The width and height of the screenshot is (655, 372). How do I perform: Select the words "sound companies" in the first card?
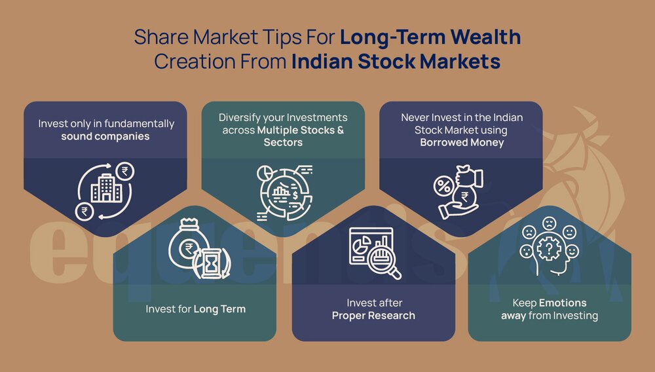pyautogui.click(x=105, y=136)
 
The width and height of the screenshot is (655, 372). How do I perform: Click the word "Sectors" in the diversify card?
pyautogui.click(x=283, y=142)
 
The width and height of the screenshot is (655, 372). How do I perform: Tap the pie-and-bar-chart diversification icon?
pyautogui.click(x=283, y=193)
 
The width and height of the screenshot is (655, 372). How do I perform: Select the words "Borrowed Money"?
pyautogui.click(x=462, y=142)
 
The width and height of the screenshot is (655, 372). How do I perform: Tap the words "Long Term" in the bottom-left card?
pyautogui.click(x=219, y=308)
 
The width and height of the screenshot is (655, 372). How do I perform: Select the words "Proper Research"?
pyautogui.click(x=373, y=315)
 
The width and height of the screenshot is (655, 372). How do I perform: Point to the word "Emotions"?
pyautogui.click(x=563, y=303)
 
